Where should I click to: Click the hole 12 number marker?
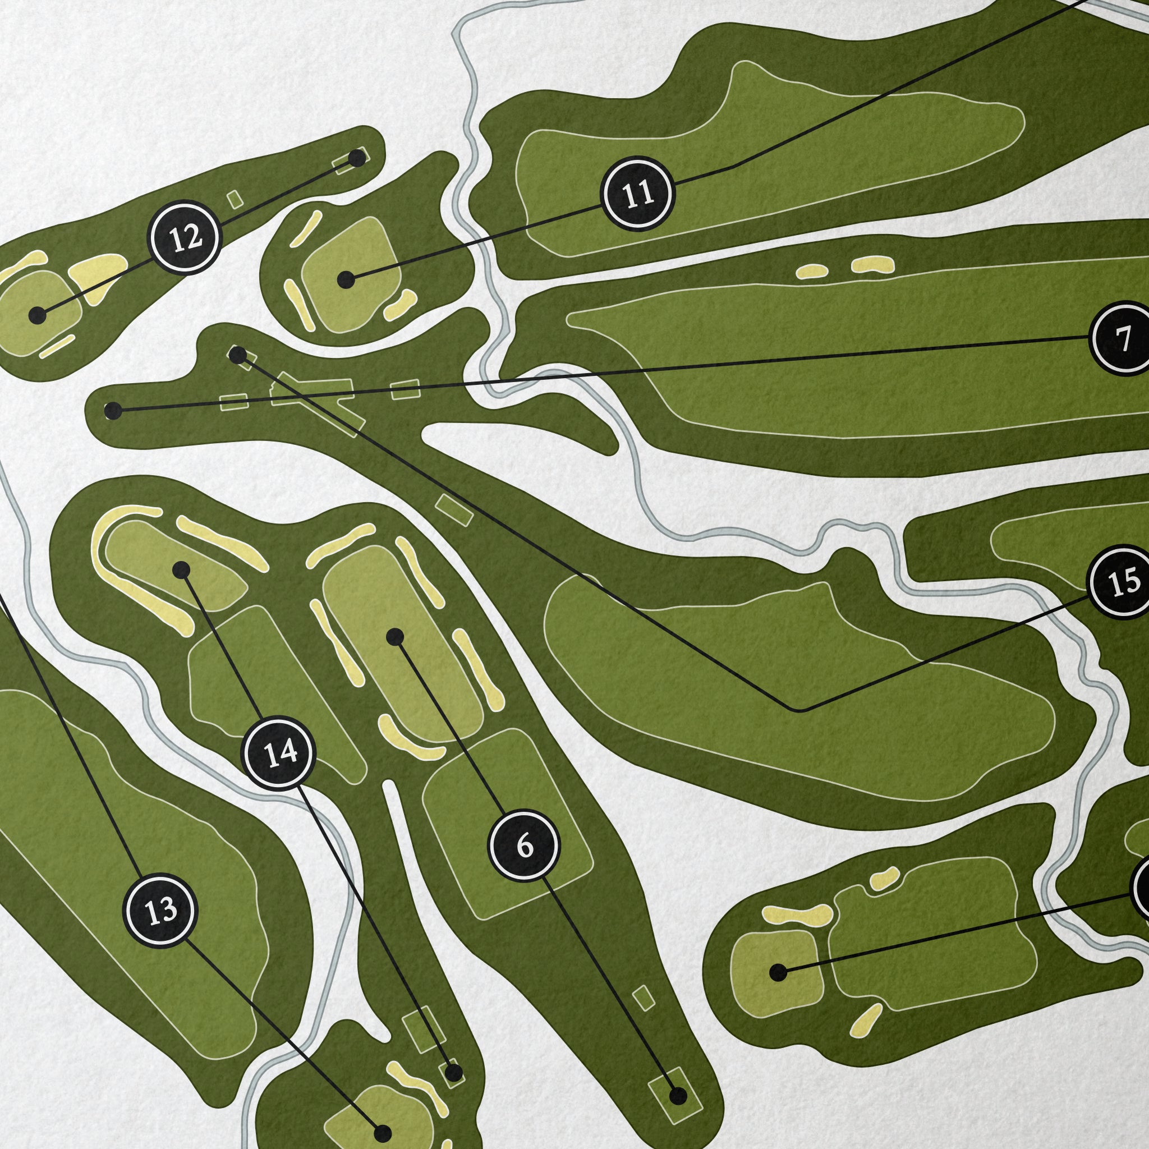(185, 237)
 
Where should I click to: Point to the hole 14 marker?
(278, 753)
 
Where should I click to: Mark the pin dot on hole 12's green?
(38, 315)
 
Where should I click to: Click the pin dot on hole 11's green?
(346, 279)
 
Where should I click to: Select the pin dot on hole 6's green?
(395, 637)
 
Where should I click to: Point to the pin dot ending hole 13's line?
(383, 1131)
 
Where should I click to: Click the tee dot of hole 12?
(357, 158)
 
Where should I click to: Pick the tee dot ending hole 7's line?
(112, 410)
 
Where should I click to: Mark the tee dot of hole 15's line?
(237, 355)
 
